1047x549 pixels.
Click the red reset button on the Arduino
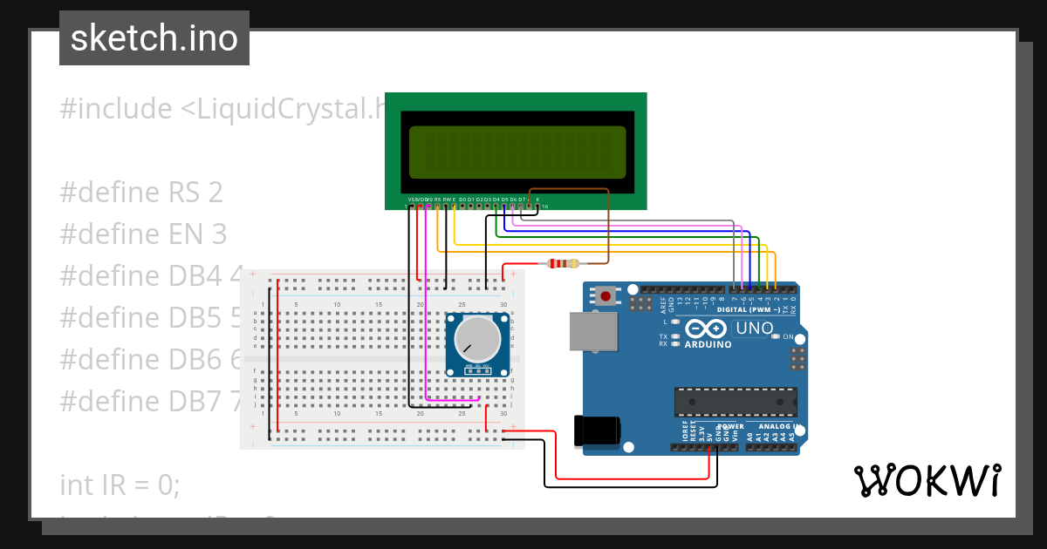click(606, 296)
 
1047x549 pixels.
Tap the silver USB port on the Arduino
click(592, 332)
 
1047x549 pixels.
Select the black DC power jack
click(597, 431)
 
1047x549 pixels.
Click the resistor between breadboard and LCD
click(563, 263)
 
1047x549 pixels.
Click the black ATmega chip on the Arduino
click(735, 402)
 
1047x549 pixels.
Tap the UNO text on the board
click(755, 329)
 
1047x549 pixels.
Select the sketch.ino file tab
click(154, 38)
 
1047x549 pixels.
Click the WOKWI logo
click(927, 480)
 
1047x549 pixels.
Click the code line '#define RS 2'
click(141, 192)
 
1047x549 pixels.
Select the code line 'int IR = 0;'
click(120, 484)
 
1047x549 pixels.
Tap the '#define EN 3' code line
click(143, 234)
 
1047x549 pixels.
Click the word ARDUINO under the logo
click(708, 344)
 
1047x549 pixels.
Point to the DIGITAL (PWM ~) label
click(749, 309)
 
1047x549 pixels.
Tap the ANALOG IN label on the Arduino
click(774, 426)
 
